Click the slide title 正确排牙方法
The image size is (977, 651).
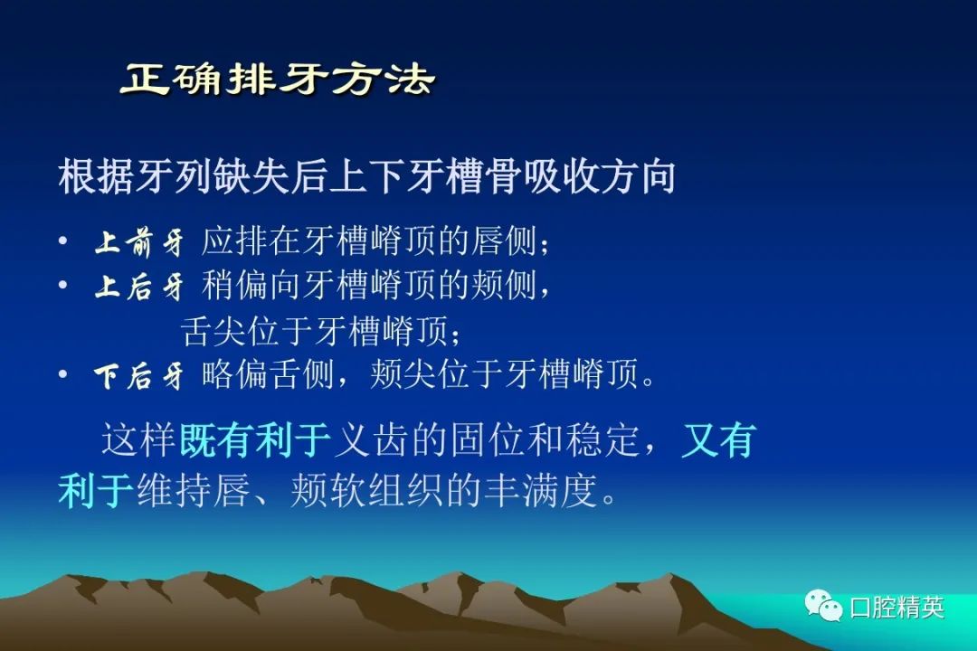(x=278, y=80)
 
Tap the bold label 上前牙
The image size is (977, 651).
(x=139, y=242)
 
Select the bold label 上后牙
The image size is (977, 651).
(x=139, y=287)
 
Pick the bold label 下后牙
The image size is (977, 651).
(x=139, y=376)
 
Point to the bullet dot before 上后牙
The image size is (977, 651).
(x=63, y=285)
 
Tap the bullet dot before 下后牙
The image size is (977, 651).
(x=63, y=373)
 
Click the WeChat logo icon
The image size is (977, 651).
(x=823, y=606)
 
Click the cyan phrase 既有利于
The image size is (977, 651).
(x=255, y=440)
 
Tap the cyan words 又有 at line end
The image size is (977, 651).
(x=719, y=440)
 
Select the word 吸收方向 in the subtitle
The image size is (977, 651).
(x=600, y=176)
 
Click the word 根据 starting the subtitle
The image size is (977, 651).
(x=96, y=176)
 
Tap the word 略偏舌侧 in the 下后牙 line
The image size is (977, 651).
(x=269, y=375)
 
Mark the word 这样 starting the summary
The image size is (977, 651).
(x=138, y=440)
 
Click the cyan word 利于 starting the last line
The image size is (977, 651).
(x=96, y=490)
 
